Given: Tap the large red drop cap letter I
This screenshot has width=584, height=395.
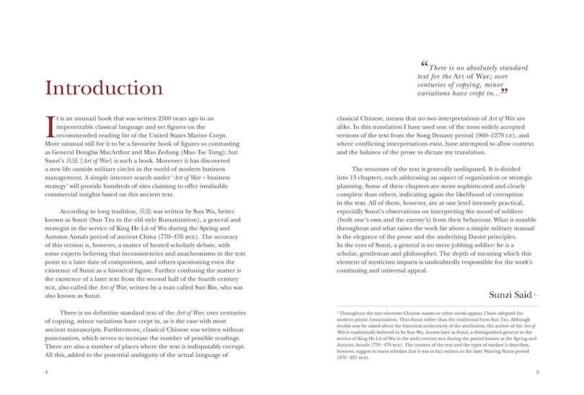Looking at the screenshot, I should [x=49, y=125].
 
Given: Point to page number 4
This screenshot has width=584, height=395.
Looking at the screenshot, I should [x=45, y=373].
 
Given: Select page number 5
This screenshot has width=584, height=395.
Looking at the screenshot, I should [x=538, y=373].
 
